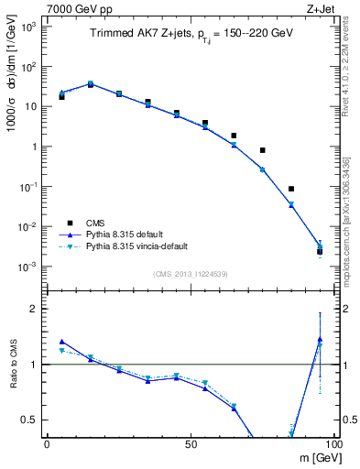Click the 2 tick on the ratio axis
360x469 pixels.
pos(32,309)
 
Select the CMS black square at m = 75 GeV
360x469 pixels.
pos(262,150)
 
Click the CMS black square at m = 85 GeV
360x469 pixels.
pos(291,189)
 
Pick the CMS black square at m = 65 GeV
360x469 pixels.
pos(234,136)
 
